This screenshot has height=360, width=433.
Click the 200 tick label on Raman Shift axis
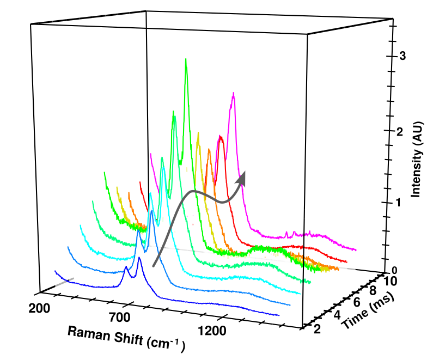39,309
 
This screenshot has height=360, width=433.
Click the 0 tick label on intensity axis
401,271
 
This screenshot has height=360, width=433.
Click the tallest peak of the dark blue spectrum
139,258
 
